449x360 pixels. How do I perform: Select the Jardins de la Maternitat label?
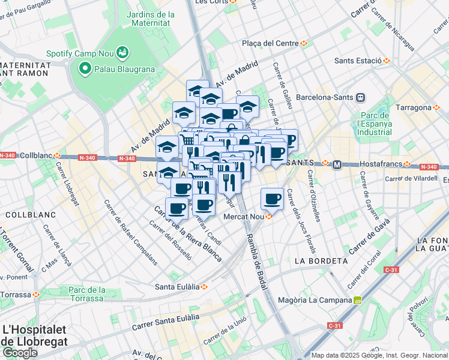click(151, 19)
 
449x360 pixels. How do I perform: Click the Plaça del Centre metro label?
click(270, 43)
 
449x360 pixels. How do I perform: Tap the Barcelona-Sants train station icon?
click(361, 97)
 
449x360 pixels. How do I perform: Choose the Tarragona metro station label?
click(414, 107)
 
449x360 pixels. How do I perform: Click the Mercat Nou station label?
click(244, 217)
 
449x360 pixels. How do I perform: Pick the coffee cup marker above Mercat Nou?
click(271, 198)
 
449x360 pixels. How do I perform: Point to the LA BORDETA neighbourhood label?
click(321, 261)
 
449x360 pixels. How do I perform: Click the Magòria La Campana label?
click(315, 300)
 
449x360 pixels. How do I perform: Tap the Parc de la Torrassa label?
click(87, 294)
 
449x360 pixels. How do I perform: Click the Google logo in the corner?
click(20, 352)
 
